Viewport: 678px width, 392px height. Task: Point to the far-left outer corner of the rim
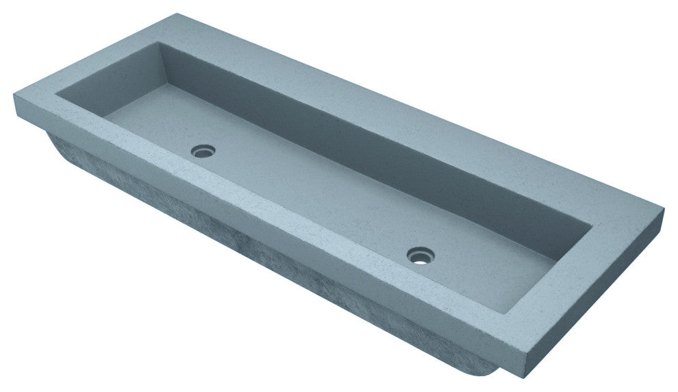(13, 97)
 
